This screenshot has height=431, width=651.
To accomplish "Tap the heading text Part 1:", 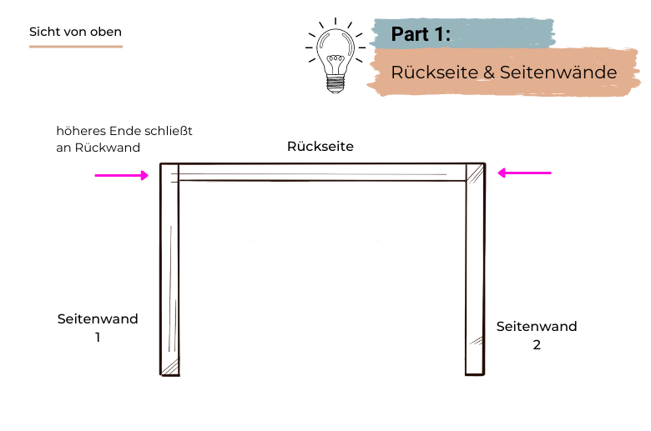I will [x=421, y=34].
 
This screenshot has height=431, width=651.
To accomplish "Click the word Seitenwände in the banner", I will [x=559, y=73].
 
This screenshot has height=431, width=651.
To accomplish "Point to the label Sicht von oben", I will [x=75, y=32].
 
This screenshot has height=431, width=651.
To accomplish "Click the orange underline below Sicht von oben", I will [x=76, y=46].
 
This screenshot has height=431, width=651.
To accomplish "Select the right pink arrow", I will [x=525, y=173].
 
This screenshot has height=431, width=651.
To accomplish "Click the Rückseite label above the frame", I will [x=320, y=146].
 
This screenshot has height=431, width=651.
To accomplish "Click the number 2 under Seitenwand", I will [x=537, y=343].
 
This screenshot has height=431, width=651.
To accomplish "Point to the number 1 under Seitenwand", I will [x=98, y=338].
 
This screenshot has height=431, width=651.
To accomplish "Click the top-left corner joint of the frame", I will [x=169, y=173].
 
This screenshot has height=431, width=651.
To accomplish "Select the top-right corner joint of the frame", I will [x=475, y=173].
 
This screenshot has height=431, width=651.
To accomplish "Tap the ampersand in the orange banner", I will [x=488, y=73].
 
